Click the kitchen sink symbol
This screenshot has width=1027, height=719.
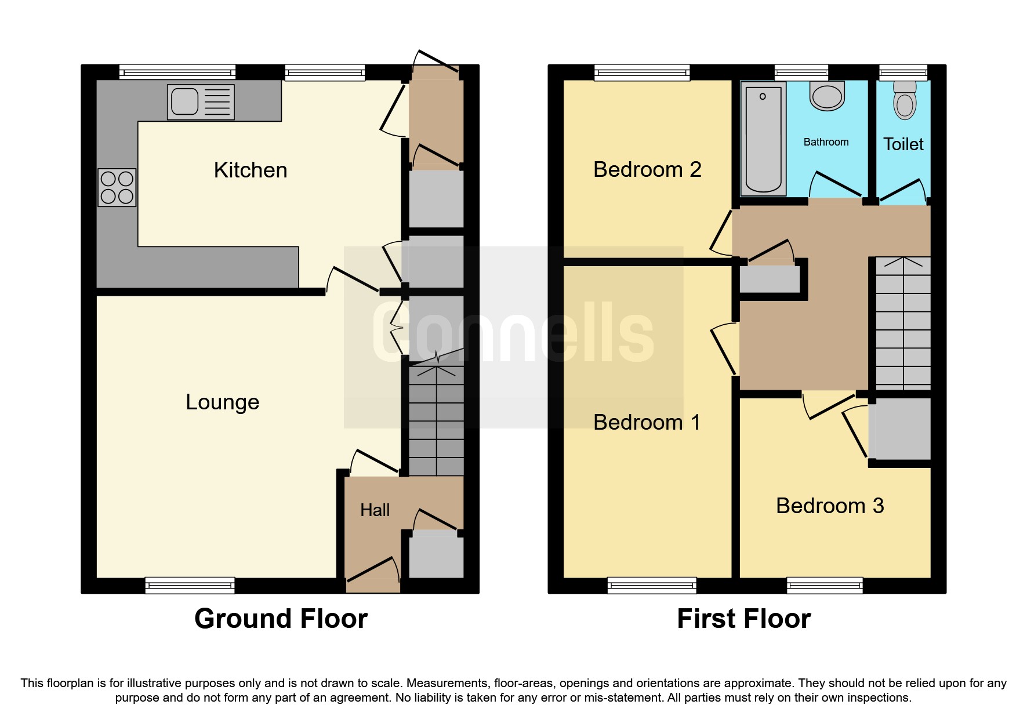coord(201,103)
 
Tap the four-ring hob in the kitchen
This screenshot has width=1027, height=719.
coord(117,187)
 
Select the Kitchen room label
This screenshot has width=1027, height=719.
coord(251,170)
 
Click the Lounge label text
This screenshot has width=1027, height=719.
coord(222,402)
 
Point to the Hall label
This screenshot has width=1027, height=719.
coord(375,510)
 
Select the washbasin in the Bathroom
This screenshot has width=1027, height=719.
coord(828,96)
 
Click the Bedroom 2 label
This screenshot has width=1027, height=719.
coord(647,170)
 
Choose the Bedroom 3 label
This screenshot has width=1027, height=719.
coord(830,506)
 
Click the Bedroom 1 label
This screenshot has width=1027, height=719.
coord(647,422)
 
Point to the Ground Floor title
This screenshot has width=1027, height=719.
coord(281,619)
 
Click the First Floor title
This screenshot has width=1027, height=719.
coord(743,619)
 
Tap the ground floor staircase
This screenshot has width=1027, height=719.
coord(436,420)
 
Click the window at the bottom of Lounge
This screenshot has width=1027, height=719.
coord(190,586)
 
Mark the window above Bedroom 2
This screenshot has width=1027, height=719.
coord(642,72)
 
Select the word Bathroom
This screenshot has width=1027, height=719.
coord(826,142)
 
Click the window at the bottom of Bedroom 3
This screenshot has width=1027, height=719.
coord(825,586)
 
